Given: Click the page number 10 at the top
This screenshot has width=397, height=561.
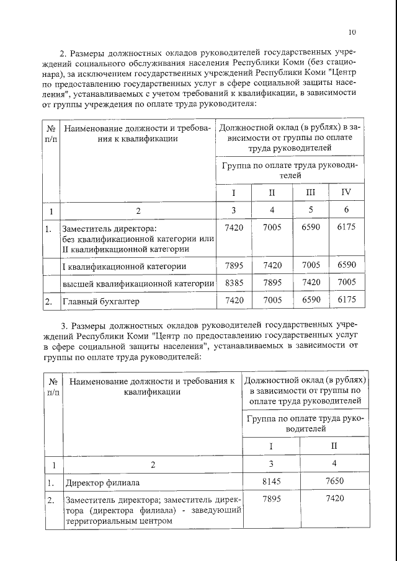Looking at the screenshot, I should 352,32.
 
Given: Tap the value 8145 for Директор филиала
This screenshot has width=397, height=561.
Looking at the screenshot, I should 270,482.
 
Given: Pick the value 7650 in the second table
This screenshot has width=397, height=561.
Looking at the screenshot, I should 334,482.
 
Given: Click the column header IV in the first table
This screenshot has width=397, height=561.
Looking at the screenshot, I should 346,192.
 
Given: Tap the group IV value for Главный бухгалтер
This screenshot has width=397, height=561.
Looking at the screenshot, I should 346,301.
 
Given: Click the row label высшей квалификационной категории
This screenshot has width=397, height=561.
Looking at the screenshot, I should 138,283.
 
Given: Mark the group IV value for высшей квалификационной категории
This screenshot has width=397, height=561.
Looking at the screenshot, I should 346,283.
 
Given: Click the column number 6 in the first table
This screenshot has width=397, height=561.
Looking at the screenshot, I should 346,211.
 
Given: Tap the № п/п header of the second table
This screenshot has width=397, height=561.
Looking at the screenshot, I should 53,386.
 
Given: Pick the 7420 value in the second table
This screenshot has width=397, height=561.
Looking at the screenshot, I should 334,499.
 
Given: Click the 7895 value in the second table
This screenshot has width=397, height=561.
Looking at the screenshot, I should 270,499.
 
